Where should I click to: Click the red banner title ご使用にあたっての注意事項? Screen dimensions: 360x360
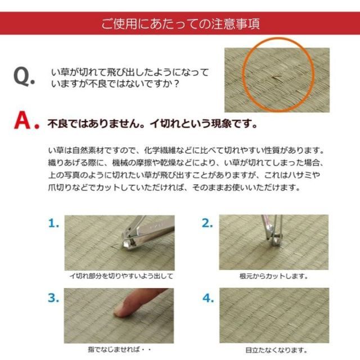180,24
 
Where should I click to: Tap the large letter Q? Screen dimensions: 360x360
25,78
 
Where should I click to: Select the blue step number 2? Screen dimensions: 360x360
207,223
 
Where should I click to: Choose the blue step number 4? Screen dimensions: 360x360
207,298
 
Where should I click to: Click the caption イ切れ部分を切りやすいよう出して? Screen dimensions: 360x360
120,276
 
